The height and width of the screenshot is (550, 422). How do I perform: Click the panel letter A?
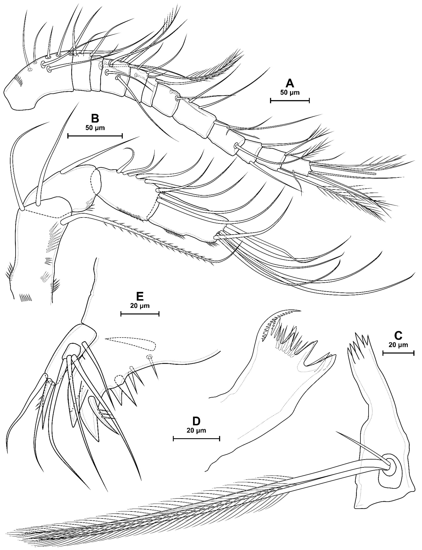pos(290,83)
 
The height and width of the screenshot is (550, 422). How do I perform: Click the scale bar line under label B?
pos(95,136)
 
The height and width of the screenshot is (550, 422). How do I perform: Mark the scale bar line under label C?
pos(398,353)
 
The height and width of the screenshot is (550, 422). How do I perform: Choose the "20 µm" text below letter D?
pos(196,430)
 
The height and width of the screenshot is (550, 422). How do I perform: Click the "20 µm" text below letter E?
pos(140,306)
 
